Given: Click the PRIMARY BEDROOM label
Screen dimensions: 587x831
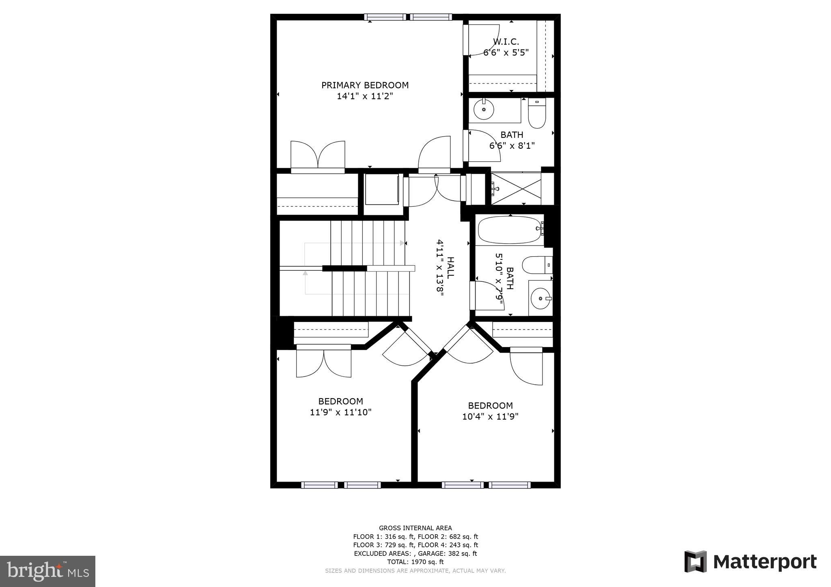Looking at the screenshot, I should tap(365, 85).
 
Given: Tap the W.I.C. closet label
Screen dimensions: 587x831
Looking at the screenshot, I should tap(506, 41).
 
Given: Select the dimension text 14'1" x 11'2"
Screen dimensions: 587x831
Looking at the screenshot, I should tap(365, 96).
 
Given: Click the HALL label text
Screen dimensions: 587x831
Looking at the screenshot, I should tap(450, 268).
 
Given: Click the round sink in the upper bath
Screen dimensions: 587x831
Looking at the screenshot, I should tap(484, 109).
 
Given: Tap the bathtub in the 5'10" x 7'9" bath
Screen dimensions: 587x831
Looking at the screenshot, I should tap(510, 230).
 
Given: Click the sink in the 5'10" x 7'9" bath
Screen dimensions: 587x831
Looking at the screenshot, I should tap(540, 299).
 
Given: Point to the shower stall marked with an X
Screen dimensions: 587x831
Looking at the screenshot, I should tap(516, 189).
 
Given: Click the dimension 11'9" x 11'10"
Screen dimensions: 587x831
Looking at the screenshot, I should tap(340, 412).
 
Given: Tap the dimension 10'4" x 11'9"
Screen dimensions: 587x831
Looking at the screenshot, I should tap(490, 416).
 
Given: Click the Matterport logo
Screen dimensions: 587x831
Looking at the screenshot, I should tap(750, 562).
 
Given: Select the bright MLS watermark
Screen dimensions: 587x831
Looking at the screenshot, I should tap(47, 572).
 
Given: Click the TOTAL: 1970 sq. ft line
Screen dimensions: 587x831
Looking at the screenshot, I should tap(415, 562).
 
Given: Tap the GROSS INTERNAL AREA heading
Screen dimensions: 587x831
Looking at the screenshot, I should tap(415, 528).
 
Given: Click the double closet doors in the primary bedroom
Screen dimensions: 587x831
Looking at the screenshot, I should tap(318, 156).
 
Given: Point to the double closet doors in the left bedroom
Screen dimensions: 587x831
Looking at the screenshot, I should tap(323, 362).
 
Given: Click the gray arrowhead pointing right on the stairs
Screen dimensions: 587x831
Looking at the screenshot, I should tap(402, 243).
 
